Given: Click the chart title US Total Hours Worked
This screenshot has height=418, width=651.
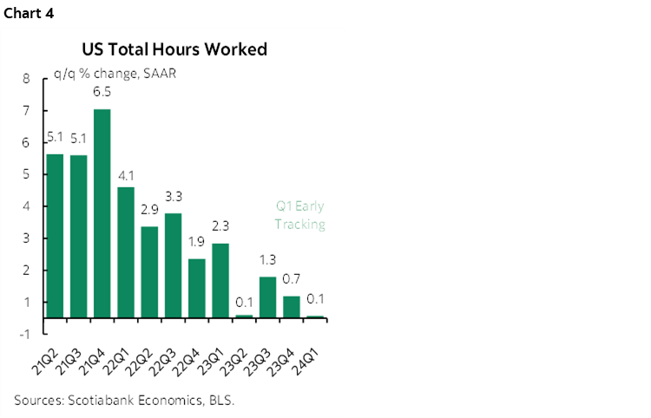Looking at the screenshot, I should pyautogui.click(x=174, y=49).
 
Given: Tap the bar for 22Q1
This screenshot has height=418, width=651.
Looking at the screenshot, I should pyautogui.click(x=126, y=252).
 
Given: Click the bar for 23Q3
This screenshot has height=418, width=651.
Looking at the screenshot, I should pyautogui.click(x=268, y=297).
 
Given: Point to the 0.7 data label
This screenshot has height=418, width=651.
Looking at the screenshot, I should pyautogui.click(x=292, y=278).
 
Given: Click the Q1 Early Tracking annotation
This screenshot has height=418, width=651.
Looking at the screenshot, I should pyautogui.click(x=299, y=215).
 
